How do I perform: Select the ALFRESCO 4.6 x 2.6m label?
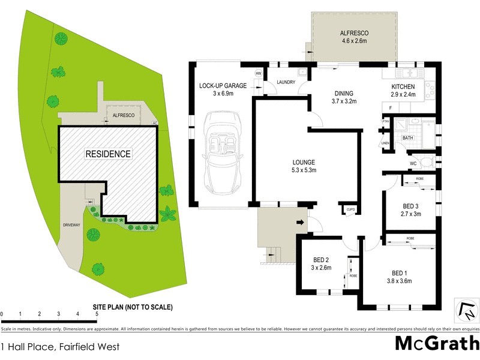354,38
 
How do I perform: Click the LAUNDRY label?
286,82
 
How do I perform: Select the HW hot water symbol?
259,73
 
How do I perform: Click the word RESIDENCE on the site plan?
108,154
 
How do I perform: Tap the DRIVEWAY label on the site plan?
71,225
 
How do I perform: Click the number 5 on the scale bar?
96,314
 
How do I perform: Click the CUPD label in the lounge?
350,209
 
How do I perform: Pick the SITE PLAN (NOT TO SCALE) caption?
133,307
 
